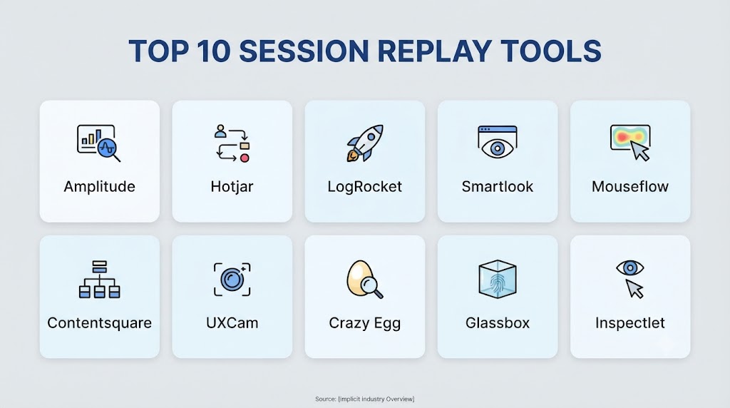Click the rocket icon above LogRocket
[365, 143]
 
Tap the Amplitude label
[99, 187]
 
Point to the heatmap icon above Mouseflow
[630, 143]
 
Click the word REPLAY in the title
[434, 51]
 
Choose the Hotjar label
[232, 187]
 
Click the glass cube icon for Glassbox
[497, 279]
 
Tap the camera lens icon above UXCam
[232, 280]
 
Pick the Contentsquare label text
[99, 323]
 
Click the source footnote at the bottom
[364, 399]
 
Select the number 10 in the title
[213, 51]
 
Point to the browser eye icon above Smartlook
[497, 142]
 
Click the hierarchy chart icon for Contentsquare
[99, 280]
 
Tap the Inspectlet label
[630, 323]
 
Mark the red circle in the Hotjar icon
[245, 158]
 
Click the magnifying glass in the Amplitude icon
[109, 150]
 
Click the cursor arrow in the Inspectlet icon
[634, 289]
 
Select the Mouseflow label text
[630, 187]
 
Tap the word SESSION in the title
[304, 51]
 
